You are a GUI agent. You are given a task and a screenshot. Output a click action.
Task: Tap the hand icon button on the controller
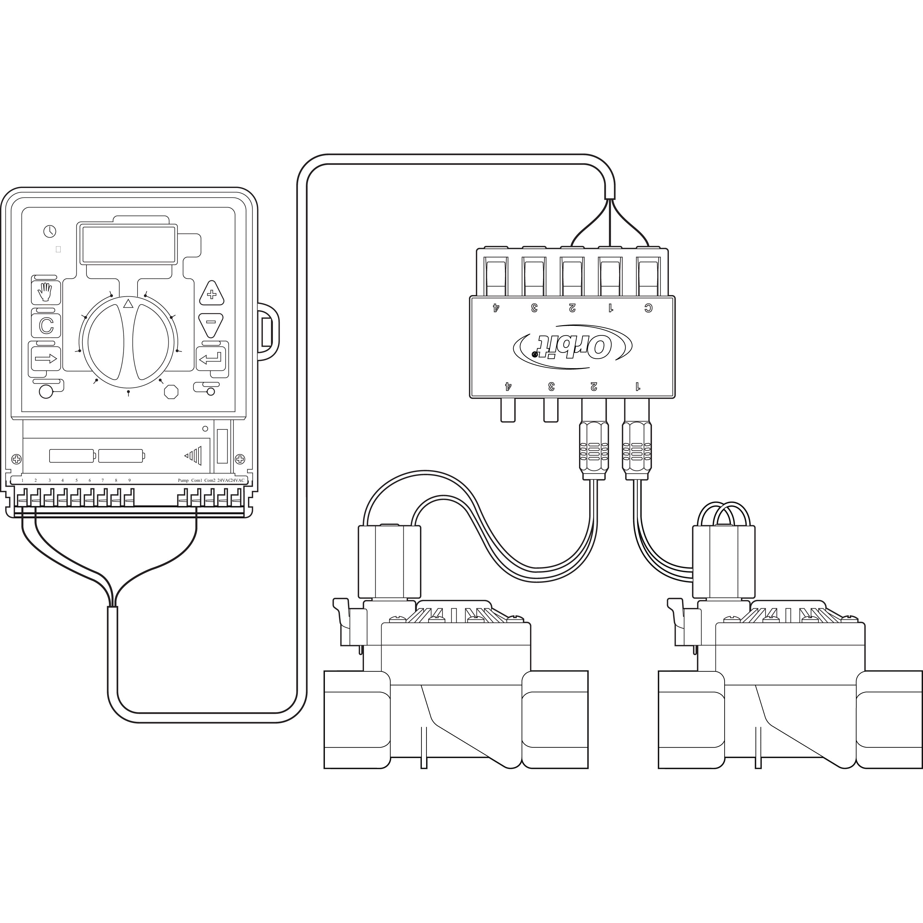[46, 292]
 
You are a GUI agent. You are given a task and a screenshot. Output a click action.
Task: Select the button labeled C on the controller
[46, 326]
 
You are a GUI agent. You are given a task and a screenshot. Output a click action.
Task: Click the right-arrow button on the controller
[46, 358]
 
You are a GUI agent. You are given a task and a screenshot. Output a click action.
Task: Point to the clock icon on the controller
[50, 231]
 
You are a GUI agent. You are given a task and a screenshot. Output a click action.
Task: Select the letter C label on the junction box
[648, 308]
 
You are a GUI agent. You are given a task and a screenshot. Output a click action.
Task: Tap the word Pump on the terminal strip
[183, 480]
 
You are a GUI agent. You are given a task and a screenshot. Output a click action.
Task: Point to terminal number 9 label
[129, 480]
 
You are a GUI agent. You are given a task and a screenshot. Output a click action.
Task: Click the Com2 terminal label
[210, 480]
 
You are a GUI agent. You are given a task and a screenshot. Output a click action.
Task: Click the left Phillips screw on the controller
[16, 459]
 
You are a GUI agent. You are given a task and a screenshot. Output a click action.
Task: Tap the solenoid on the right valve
[723, 561]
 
